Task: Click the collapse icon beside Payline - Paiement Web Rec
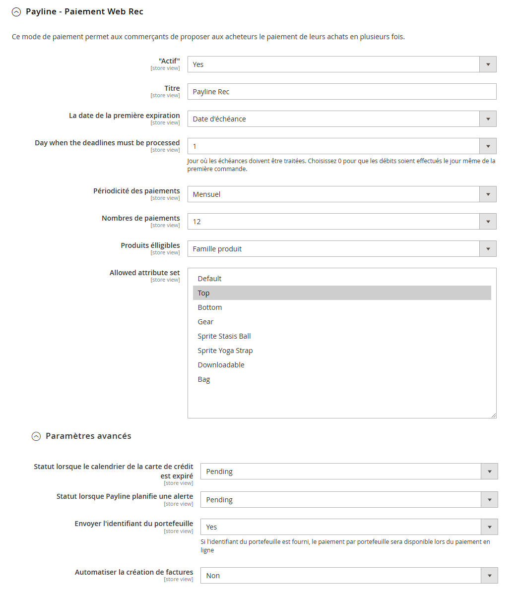coord(16,12)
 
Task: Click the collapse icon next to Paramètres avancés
coord(36,436)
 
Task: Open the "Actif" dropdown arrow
coord(488,64)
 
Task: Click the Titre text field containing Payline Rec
coord(341,92)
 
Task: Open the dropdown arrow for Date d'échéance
coord(488,119)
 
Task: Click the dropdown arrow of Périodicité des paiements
coord(488,194)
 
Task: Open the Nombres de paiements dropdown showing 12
coord(488,222)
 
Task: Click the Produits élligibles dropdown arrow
coord(488,249)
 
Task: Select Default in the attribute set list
coord(210,279)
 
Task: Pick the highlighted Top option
coord(204,293)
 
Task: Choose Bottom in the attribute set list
coord(210,307)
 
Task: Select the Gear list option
coord(206,322)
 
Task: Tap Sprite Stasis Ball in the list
coord(224,336)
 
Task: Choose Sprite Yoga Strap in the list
coord(225,351)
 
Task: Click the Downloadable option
coord(221,365)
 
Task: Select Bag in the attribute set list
coord(204,379)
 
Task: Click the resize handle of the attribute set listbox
coord(494,415)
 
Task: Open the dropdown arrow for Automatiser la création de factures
coord(489,576)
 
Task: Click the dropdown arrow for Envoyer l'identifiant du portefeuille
coord(489,527)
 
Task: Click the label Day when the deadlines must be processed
coord(107,143)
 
